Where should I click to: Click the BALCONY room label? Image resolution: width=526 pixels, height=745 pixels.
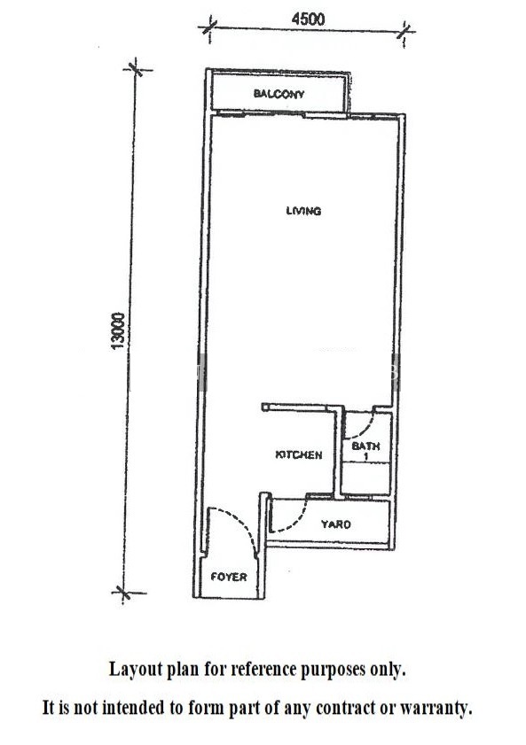pos(279,94)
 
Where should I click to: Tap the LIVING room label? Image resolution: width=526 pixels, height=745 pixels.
pos(303,211)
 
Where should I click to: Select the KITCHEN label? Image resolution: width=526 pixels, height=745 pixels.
pos(299,454)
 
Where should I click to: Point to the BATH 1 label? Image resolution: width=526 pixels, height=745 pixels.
pos(365,451)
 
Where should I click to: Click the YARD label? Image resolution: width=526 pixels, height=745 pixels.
pos(336,524)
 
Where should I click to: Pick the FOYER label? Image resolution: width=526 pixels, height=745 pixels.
pos(229,577)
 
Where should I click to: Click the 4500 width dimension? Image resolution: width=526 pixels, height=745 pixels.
pos(308,19)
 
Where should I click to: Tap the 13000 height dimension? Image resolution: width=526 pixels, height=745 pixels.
pos(117,330)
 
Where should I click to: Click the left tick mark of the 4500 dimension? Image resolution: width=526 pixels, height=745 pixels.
pos(209,27)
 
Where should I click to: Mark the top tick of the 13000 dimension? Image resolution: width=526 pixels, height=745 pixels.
pos(136,69)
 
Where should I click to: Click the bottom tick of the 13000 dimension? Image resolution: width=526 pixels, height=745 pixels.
pos(123,593)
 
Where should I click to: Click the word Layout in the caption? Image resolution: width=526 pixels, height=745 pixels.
pos(135,669)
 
